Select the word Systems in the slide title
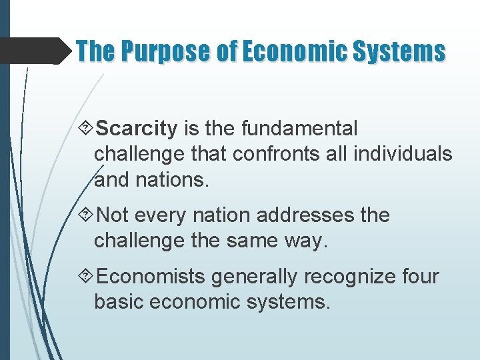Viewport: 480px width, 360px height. [x=401, y=51]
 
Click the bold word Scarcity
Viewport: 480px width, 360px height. [x=137, y=128]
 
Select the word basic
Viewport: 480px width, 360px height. [x=119, y=302]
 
